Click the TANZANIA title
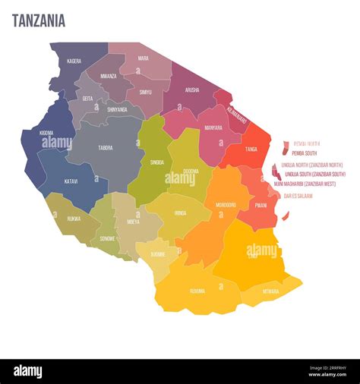pos(39,20)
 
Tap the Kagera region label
pos(74,61)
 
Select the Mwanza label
pos(109,76)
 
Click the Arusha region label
pos(191,90)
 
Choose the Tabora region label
pos(106,147)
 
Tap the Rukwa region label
pos(74,219)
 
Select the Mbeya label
pos(133,222)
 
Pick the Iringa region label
pos(179,213)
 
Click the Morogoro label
pos(226,204)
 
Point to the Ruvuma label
pos(197,290)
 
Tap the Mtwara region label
pos(270,291)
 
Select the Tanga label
pos(251,150)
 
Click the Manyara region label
pos(213,127)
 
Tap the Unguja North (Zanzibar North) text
pos(311,165)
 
